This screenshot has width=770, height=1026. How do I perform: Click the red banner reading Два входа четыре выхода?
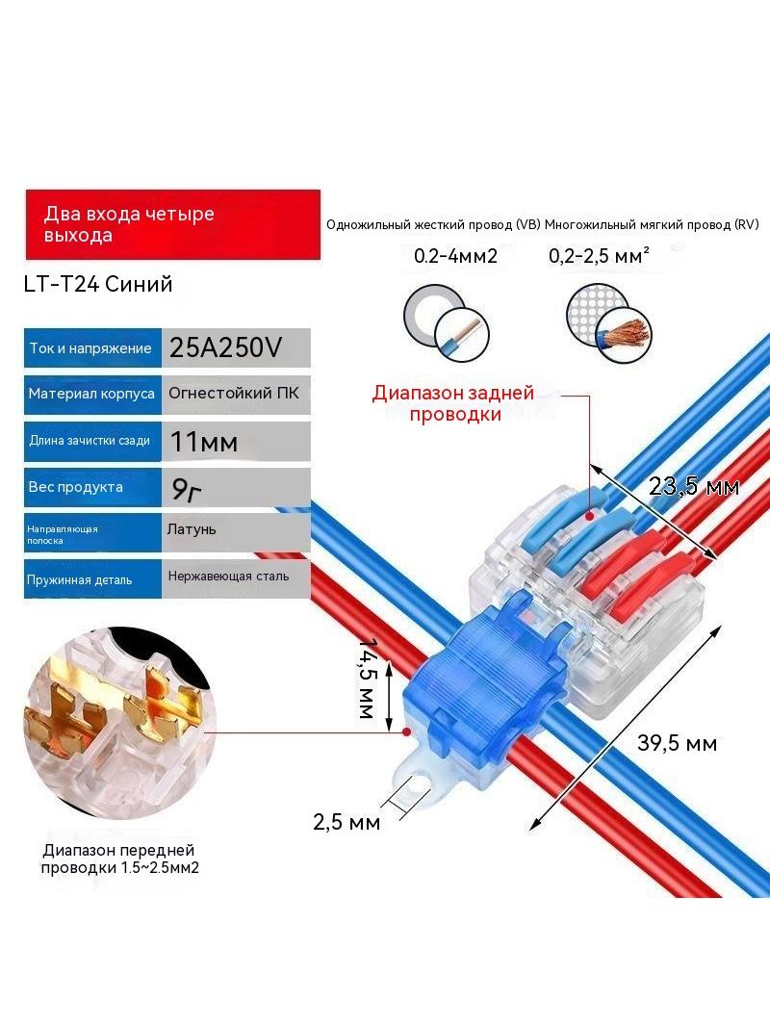coord(172,224)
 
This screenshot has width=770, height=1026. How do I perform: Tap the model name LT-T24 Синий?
coord(98,284)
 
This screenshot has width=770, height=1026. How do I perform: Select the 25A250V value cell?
coord(236,347)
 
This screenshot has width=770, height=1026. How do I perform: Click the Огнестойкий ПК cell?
coord(236,394)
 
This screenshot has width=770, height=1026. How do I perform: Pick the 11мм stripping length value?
coord(236,442)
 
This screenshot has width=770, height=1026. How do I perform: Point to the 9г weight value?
coord(236,487)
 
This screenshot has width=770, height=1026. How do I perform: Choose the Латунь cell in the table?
coord(236,532)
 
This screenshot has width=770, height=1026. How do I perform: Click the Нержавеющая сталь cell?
coord(236,578)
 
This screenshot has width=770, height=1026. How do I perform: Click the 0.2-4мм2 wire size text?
coord(455,256)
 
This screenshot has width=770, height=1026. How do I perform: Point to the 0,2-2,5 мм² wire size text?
coord(599,256)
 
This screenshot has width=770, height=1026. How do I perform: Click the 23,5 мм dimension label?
coord(694,486)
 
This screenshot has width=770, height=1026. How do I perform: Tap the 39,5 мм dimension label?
coord(677,743)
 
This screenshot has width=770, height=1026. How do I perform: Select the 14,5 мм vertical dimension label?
coord(369,679)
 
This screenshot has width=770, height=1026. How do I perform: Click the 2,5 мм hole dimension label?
coord(346,822)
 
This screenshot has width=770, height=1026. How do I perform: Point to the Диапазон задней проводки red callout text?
coord(453,403)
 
